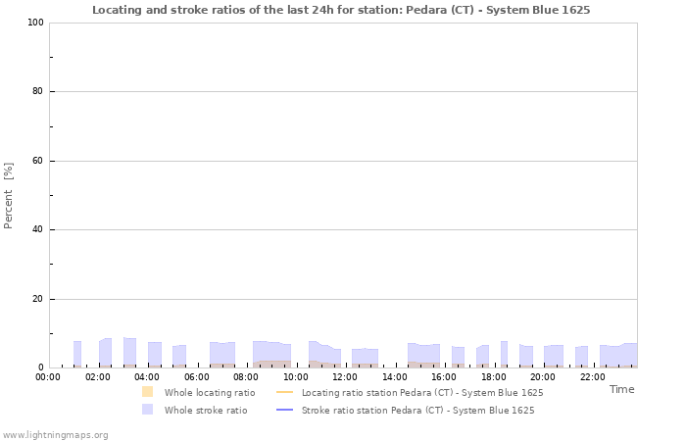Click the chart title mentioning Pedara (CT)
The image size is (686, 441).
click(341, 10)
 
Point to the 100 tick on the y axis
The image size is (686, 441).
click(35, 23)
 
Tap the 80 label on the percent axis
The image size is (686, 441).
click(37, 91)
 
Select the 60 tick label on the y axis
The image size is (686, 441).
click(37, 161)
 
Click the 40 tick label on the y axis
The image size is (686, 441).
click(37, 229)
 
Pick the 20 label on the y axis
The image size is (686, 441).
click(37, 299)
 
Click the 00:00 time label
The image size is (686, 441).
click(48, 377)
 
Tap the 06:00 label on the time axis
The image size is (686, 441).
click(196, 377)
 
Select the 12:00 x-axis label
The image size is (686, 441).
click(345, 377)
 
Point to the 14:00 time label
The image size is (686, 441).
click(394, 377)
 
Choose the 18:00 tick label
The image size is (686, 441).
click(494, 377)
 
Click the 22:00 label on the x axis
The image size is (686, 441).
click(592, 377)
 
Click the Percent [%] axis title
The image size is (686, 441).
click(8, 196)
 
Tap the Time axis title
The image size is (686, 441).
click(621, 389)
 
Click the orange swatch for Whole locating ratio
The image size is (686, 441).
click(147, 392)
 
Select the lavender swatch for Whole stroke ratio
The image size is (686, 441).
click(147, 409)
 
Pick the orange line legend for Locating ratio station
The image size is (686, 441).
click(285, 392)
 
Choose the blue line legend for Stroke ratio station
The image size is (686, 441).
click(285, 410)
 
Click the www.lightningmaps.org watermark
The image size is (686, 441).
click(55, 435)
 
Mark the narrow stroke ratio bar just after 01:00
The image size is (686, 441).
click(77, 355)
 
